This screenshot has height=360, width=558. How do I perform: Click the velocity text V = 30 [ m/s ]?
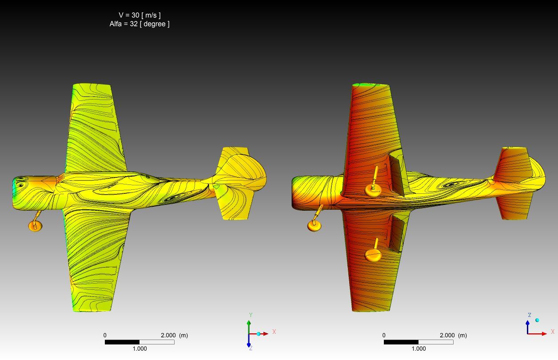point(139,15)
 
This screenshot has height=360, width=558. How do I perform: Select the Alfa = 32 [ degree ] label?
point(139,24)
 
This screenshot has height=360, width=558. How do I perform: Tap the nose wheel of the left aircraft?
point(35,226)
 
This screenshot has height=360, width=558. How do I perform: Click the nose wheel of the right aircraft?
point(315,226)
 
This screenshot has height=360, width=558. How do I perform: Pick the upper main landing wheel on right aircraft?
point(373,190)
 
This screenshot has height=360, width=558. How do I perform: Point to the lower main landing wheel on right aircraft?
point(373,255)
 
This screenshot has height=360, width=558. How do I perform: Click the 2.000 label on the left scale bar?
point(168,336)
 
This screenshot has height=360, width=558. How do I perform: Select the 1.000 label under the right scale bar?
point(418,348)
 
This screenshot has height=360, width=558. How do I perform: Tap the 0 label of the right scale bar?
point(384,336)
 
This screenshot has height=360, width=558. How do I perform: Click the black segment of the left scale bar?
point(122,342)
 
